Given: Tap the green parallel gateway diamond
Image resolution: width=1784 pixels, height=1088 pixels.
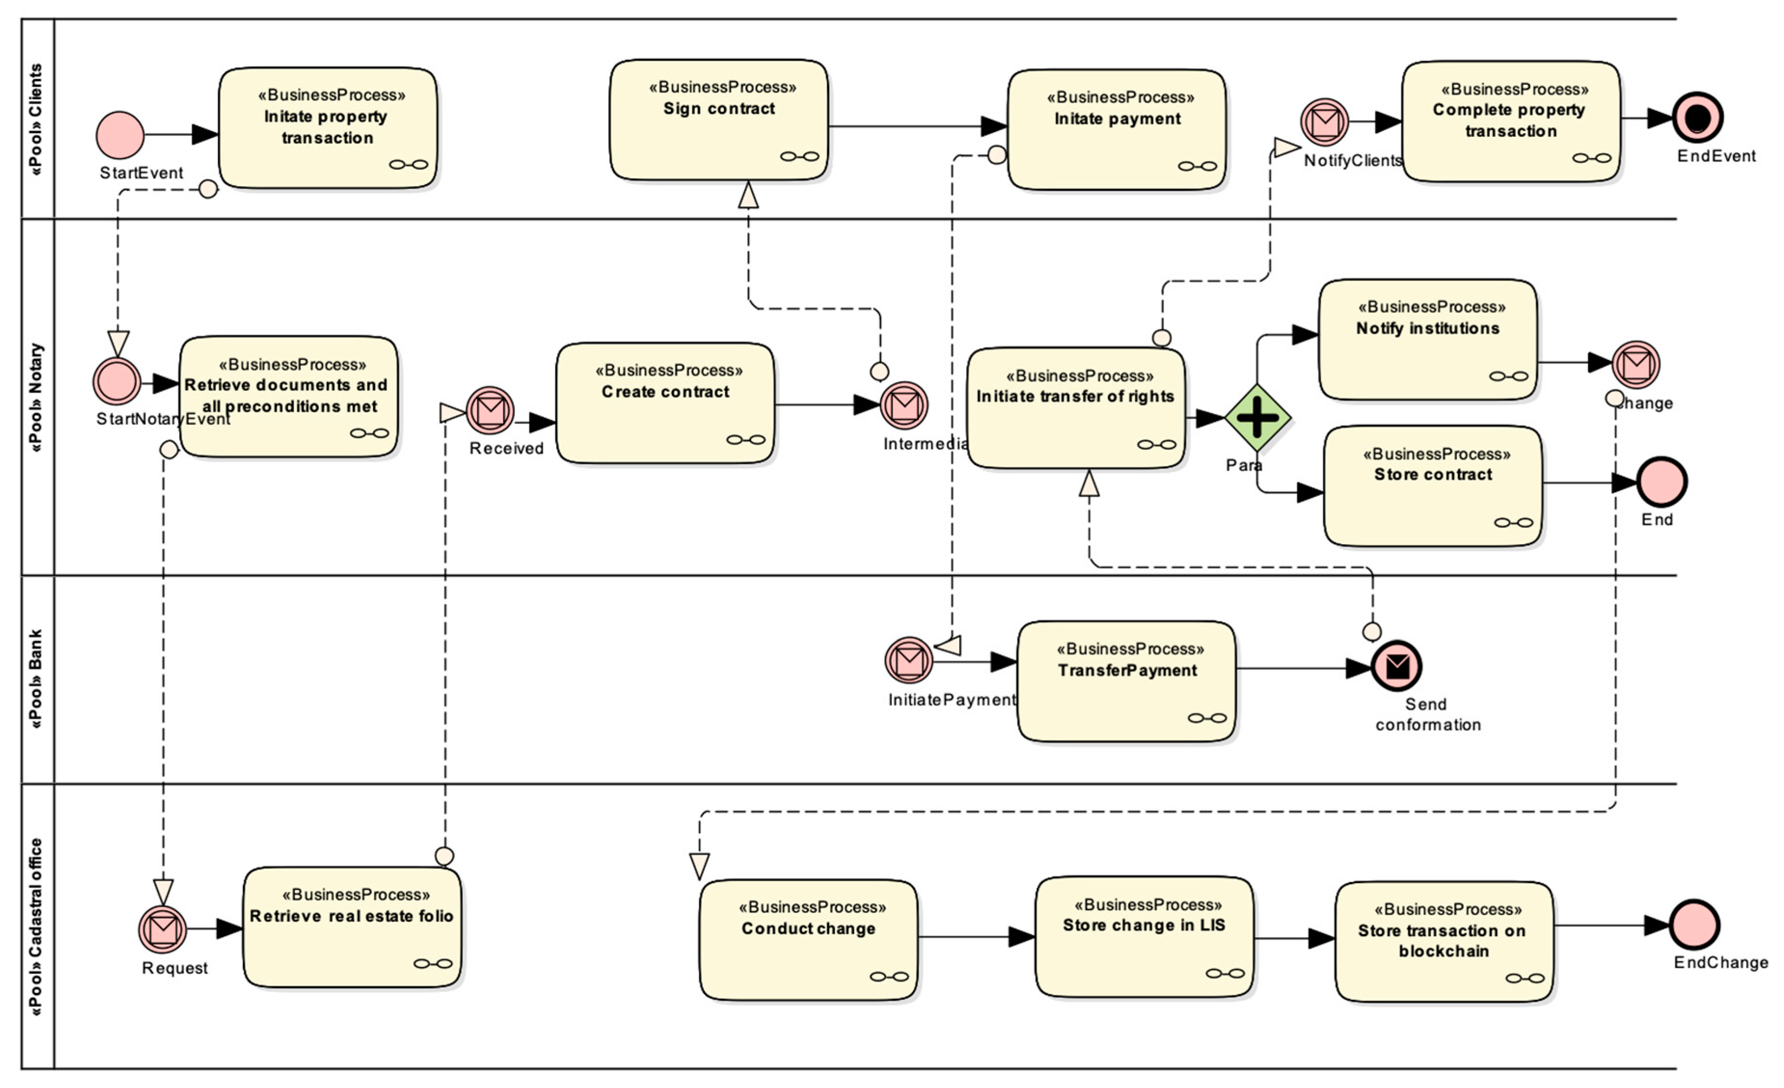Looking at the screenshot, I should click(x=1258, y=417).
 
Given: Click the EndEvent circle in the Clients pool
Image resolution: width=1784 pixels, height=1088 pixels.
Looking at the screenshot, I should click(x=1698, y=117).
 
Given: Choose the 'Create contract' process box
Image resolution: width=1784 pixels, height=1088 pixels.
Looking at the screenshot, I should click(x=665, y=403).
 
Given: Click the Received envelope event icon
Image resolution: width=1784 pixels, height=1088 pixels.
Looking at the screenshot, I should click(x=490, y=410).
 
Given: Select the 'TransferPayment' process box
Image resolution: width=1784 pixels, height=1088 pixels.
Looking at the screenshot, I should click(x=1126, y=681).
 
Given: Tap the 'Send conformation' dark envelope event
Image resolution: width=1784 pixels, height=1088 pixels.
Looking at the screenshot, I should click(x=1396, y=666).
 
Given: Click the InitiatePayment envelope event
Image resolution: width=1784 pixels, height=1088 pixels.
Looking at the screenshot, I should click(x=909, y=660).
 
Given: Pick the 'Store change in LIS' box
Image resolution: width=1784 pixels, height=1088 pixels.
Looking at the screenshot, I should click(x=1144, y=938).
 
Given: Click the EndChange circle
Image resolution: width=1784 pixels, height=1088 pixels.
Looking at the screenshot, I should click(x=1694, y=925).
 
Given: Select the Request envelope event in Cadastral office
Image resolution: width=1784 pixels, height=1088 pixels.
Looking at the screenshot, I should click(x=163, y=929).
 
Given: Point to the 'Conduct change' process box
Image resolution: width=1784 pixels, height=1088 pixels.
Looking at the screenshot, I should click(x=808, y=940).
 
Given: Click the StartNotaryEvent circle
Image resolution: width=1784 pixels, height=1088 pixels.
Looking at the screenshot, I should click(x=117, y=381).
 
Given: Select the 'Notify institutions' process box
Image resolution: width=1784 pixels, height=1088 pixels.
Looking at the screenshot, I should click(x=1427, y=339).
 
